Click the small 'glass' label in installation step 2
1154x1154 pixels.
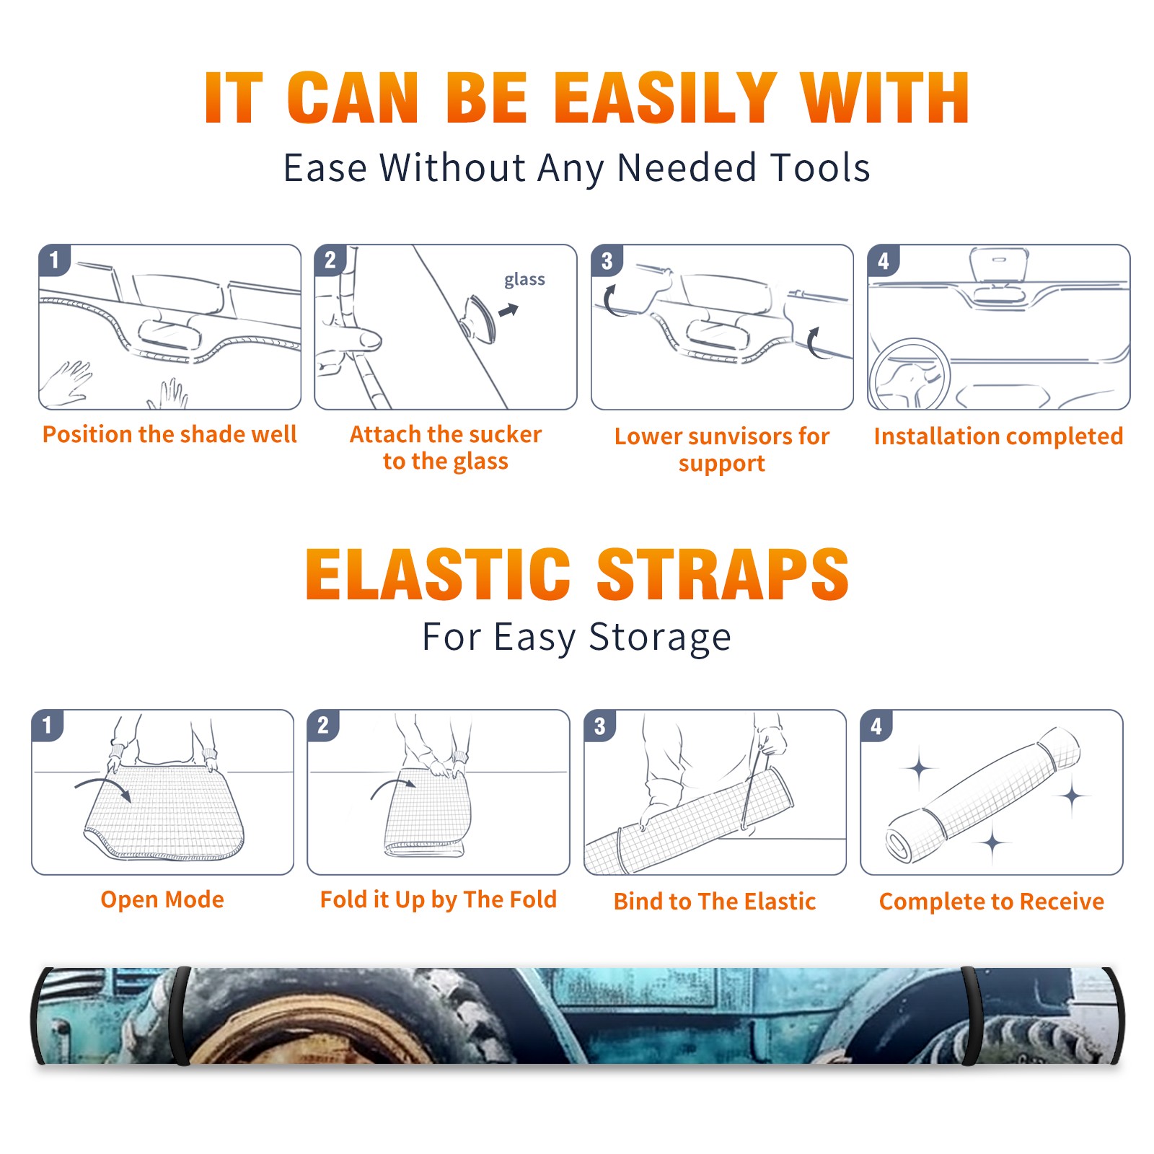pyautogui.click(x=524, y=279)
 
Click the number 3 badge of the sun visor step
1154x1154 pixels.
pyautogui.click(x=607, y=260)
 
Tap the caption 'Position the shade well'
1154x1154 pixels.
pyautogui.click(x=169, y=434)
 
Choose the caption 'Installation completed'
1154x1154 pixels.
pyautogui.click(x=998, y=436)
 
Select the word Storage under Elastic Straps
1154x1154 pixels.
pyautogui.click(x=660, y=638)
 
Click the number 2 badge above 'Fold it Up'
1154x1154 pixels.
pyautogui.click(x=322, y=725)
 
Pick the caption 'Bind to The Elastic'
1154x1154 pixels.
pyautogui.click(x=715, y=902)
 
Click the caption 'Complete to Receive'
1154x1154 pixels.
pyautogui.click(x=992, y=902)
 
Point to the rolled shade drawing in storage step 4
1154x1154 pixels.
pyautogui.click(x=983, y=796)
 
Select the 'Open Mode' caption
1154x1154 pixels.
pyautogui.click(x=162, y=899)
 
